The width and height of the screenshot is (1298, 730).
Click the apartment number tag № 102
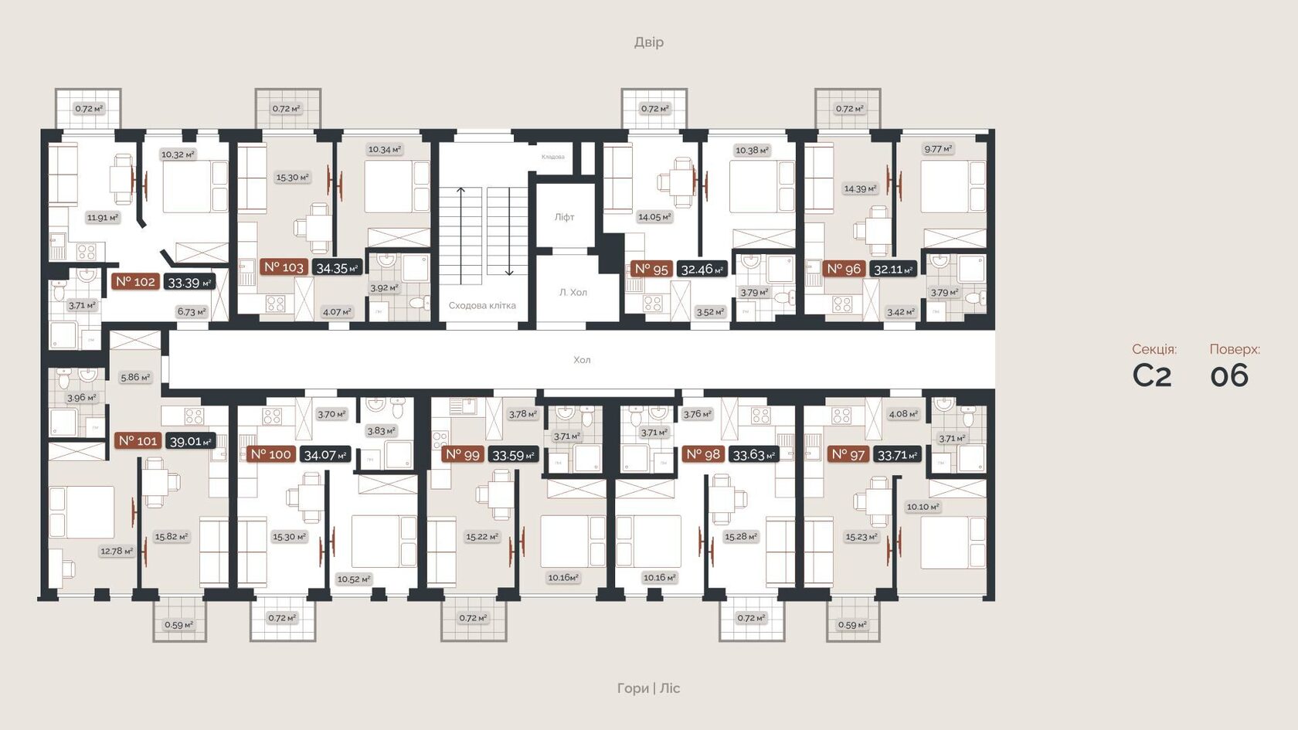[136, 282]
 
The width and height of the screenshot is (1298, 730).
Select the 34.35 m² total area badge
[337, 268]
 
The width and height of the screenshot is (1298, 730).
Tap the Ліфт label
[564, 217]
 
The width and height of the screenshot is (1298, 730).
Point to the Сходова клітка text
[482, 305]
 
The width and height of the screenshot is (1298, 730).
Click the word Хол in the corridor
[582, 360]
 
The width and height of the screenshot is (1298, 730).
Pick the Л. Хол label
[573, 292]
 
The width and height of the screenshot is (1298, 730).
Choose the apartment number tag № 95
[651, 269]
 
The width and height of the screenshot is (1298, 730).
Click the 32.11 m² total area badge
[893, 270]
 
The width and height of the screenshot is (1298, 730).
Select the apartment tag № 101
[138, 440]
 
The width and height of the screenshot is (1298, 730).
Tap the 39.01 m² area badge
[190, 441]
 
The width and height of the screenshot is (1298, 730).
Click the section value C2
[1152, 376]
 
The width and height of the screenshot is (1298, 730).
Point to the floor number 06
[1229, 376]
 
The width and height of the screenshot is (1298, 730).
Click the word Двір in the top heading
[648, 42]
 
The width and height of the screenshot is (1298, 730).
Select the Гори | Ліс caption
[648, 688]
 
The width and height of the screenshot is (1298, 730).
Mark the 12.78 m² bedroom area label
[116, 551]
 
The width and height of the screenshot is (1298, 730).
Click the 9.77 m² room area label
[938, 148]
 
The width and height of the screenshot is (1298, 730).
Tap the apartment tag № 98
[703, 454]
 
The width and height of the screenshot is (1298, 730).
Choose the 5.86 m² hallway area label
[134, 377]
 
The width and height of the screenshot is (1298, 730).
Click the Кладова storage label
[552, 157]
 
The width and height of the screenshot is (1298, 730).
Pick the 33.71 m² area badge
[897, 455]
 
